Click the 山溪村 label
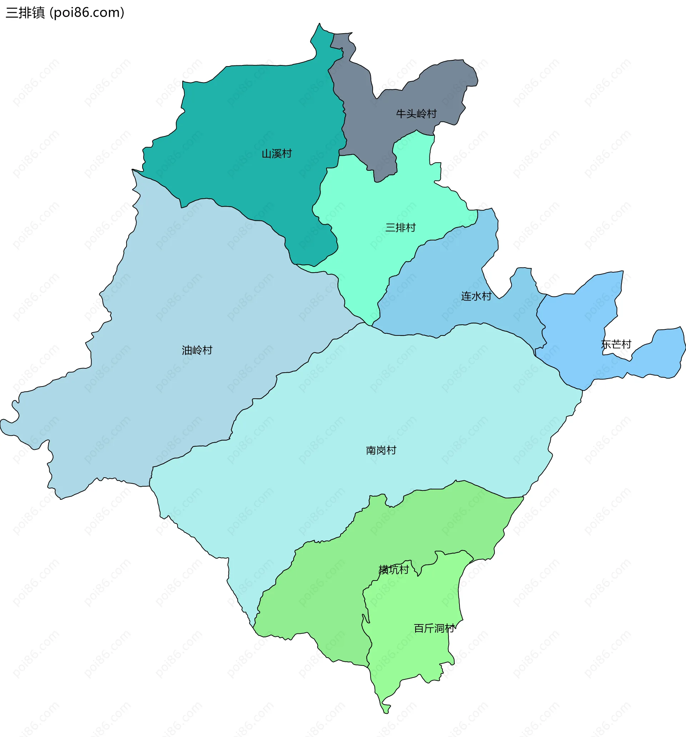pyautogui.click(x=277, y=154)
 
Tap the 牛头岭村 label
pyautogui.click(x=416, y=114)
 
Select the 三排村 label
pyautogui.click(x=401, y=227)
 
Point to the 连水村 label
pyautogui.click(x=476, y=296)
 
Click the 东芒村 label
pyautogui.click(x=616, y=344)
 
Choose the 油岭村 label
pyautogui.click(x=197, y=350)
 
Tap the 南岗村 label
pyautogui.click(x=381, y=450)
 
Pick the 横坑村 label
pyautogui.click(x=393, y=569)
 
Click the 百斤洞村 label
pyautogui.click(x=434, y=628)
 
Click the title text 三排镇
pyautogui.click(x=25, y=13)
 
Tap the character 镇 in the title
pyautogui.click(x=38, y=13)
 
